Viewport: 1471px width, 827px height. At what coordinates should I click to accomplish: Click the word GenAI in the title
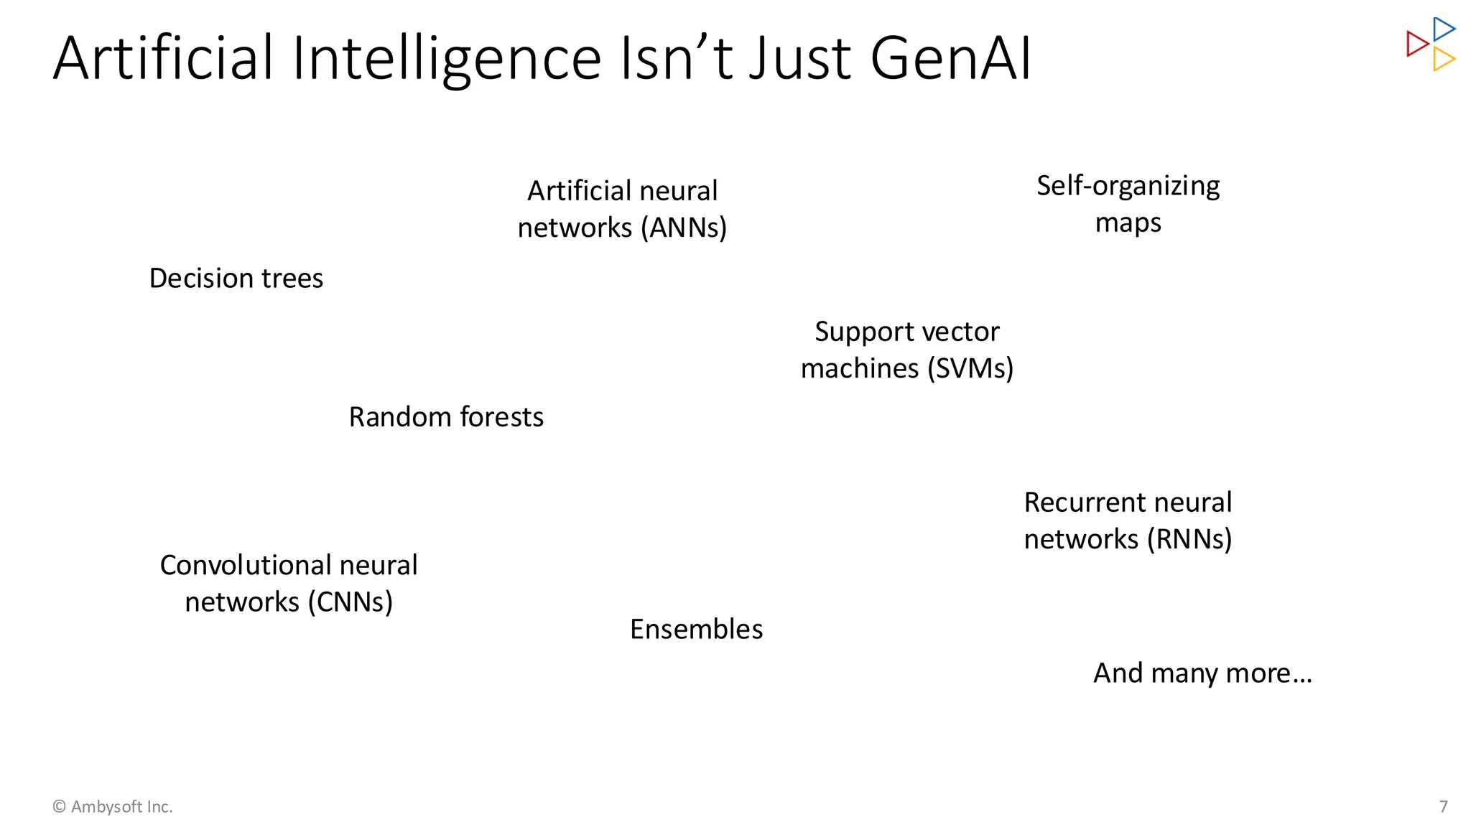[x=951, y=59]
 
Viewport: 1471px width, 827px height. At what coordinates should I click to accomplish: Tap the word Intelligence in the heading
[x=446, y=59]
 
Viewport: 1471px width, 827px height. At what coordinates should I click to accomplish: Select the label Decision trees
[x=236, y=279]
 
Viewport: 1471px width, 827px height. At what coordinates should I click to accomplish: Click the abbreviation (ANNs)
[x=684, y=228]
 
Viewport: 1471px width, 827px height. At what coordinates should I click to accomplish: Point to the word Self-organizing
[x=1128, y=186]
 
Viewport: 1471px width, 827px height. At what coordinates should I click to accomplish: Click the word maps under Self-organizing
[x=1128, y=223]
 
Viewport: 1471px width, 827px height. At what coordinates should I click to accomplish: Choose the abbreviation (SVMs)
[x=970, y=368]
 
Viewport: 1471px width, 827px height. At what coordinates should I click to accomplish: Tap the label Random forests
[x=446, y=417]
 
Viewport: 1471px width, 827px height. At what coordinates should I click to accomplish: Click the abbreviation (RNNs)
[x=1189, y=539]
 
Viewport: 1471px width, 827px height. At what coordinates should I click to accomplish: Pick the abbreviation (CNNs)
[x=351, y=602]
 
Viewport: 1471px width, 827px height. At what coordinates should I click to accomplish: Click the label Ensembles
[x=696, y=629]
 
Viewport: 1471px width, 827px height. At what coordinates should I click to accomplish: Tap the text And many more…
[x=1202, y=673]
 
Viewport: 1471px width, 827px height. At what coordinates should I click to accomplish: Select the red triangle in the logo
[x=1416, y=44]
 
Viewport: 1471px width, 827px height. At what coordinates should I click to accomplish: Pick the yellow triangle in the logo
[x=1442, y=59]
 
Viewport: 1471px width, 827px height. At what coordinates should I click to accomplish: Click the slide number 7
[x=1444, y=806]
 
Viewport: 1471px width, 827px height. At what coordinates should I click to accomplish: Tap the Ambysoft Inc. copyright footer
[x=113, y=806]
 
